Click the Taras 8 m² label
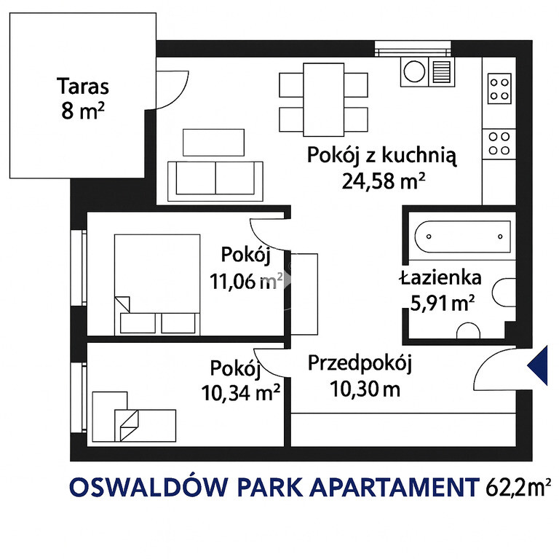pyautogui.click(x=83, y=98)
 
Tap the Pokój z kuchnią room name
pyautogui.click(x=382, y=156)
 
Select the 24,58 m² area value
pyautogui.click(x=384, y=181)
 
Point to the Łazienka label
pyautogui.click(x=440, y=278)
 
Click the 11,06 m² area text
pyautogui.click(x=246, y=281)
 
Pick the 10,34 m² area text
pyautogui.click(x=241, y=392)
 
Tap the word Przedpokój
pyautogui.click(x=360, y=364)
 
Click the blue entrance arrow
pyautogui.click(x=538, y=365)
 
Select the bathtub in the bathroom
pyautogui.click(x=462, y=237)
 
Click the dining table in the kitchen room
pyautogui.click(x=324, y=100)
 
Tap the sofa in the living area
pyautogui.click(x=215, y=181)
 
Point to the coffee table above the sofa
pyautogui.click(x=213, y=142)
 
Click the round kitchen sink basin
pyautogui.click(x=414, y=71)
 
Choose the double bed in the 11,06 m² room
pyautogui.click(x=157, y=285)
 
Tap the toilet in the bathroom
pyautogui.click(x=504, y=293)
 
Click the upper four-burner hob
pyautogui.click(x=499, y=89)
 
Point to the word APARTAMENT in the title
pyautogui.click(x=395, y=487)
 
